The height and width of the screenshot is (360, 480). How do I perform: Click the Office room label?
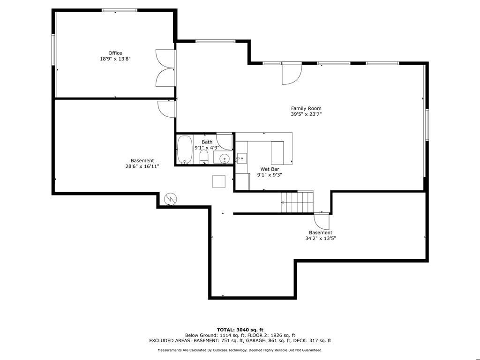pyautogui.click(x=115, y=53)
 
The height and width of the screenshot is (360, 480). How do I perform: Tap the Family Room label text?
pyautogui.click(x=306, y=108)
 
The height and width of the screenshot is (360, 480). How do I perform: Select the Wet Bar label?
pyautogui.click(x=270, y=169)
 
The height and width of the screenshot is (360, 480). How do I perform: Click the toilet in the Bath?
pyautogui.click(x=204, y=157)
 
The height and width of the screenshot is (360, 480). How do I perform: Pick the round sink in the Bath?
pyautogui.click(x=225, y=158)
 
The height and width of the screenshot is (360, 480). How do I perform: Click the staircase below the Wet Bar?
pyautogui.click(x=297, y=202)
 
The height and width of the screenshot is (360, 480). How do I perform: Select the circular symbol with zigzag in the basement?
pyautogui.click(x=170, y=199)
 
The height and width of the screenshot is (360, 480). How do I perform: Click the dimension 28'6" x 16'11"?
pyautogui.click(x=142, y=166)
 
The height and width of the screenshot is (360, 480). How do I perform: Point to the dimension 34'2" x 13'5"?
pyautogui.click(x=321, y=238)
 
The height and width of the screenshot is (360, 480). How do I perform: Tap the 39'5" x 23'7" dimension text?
pyautogui.click(x=306, y=114)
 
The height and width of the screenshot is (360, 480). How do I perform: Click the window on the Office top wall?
pyautogui.click(x=120, y=10)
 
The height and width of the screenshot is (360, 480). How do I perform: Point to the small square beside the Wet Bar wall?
pyautogui.click(x=219, y=181)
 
